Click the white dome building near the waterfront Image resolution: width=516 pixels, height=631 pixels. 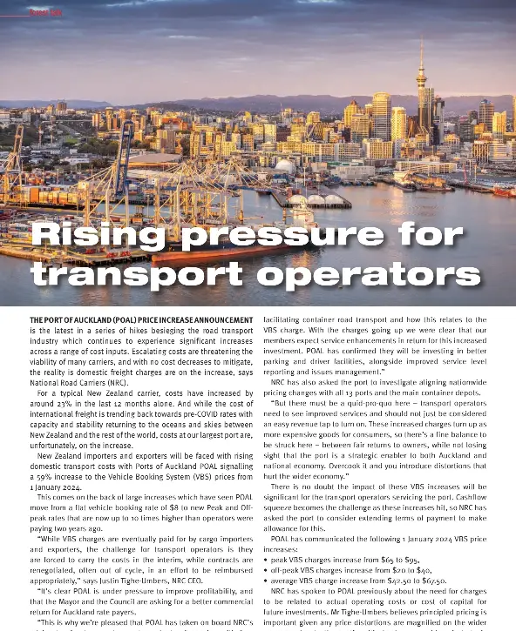click(285, 165)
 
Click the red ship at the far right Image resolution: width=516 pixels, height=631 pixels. click(504, 191)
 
